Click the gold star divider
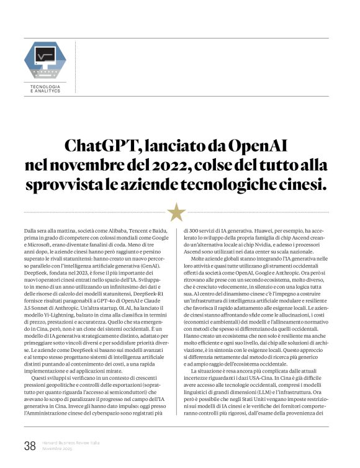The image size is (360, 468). [x=177, y=212]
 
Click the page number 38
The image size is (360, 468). [x=29, y=445]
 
